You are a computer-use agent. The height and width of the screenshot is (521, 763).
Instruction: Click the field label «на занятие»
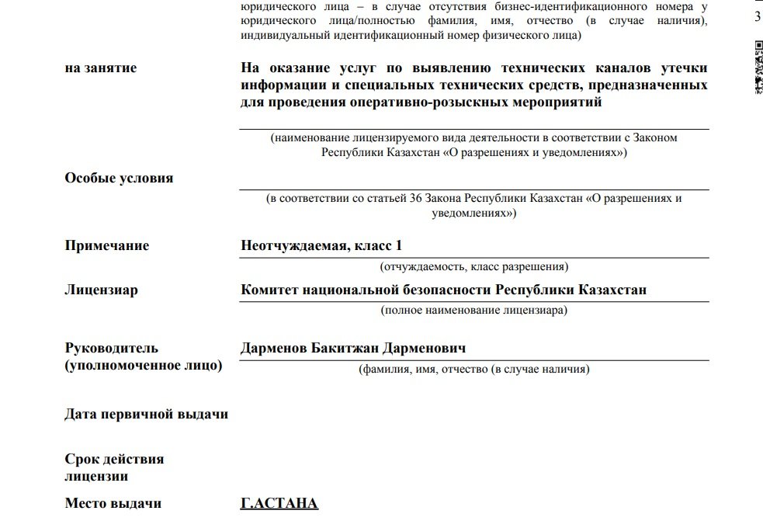click(x=100, y=68)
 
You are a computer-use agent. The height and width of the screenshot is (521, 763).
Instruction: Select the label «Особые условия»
click(x=119, y=179)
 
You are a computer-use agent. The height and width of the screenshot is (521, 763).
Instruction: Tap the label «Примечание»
click(x=106, y=246)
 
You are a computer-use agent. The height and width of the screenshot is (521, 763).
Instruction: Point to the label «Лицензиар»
click(x=101, y=290)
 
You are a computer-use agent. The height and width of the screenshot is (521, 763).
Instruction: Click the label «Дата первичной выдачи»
click(x=146, y=414)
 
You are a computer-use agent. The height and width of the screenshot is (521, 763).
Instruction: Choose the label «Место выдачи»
click(x=113, y=503)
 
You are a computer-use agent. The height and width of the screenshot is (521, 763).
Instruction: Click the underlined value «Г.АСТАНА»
click(x=279, y=503)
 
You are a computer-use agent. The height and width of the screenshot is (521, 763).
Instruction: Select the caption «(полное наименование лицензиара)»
click(x=473, y=311)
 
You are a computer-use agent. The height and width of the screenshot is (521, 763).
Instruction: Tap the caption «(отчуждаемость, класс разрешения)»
click(x=473, y=266)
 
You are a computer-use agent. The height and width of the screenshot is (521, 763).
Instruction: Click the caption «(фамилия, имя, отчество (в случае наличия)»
click(x=473, y=369)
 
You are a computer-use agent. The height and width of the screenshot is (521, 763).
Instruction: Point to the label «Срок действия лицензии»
click(x=114, y=467)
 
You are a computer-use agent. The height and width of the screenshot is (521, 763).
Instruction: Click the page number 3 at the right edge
click(x=758, y=17)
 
